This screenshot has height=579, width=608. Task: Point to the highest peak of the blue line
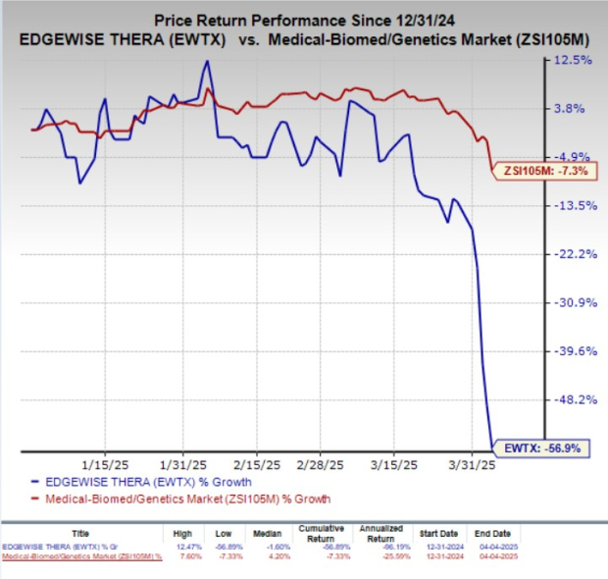pyautogui.click(x=207, y=62)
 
